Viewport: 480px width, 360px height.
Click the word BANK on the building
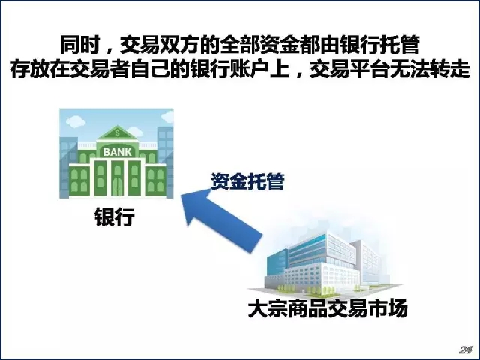point(118,151)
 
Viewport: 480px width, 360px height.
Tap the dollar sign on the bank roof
point(117,133)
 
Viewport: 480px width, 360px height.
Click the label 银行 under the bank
point(115,217)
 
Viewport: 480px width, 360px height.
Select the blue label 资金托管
point(248,181)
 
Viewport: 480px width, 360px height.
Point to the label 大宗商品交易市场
point(328,307)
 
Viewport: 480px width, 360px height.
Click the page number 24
point(465,349)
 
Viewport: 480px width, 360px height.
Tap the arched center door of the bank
point(117,185)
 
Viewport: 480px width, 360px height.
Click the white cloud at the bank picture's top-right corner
point(168,116)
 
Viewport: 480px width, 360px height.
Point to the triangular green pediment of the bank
point(117,133)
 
